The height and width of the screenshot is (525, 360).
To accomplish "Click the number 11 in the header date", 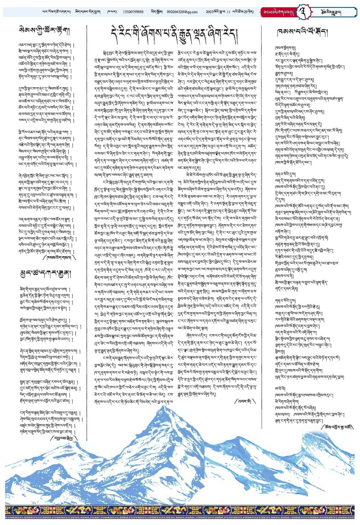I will [x=227, y=12].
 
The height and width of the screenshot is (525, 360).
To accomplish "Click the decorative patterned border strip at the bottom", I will [x=180, y=511].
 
